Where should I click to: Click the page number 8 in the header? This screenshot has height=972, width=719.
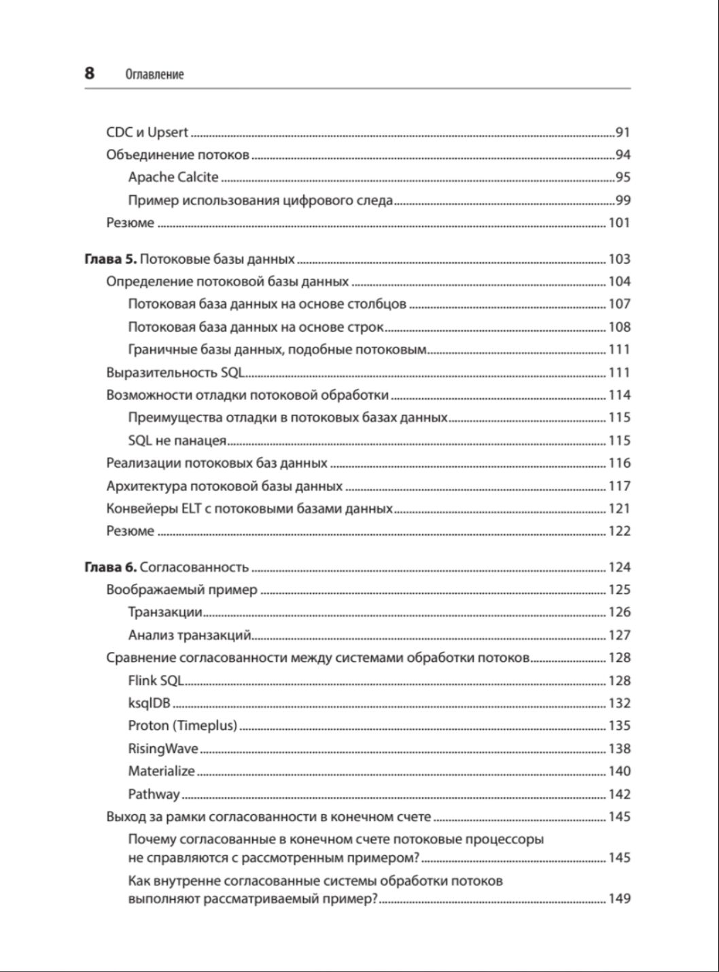click(90, 73)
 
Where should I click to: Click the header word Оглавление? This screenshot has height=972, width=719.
click(154, 74)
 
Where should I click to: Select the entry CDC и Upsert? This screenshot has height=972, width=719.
click(147, 133)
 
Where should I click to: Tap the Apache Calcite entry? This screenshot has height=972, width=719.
click(173, 177)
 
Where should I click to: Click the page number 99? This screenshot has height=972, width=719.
click(622, 201)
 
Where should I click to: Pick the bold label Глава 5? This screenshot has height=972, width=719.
click(111, 259)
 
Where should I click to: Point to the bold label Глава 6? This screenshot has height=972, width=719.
click(111, 568)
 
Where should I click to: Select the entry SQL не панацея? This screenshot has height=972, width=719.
click(177, 440)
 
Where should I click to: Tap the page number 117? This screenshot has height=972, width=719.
click(619, 486)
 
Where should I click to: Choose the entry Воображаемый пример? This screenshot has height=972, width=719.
click(181, 590)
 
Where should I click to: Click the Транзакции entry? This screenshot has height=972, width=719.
click(165, 612)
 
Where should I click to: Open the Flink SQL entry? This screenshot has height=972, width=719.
click(156, 680)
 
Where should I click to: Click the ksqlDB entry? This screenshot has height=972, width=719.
click(149, 704)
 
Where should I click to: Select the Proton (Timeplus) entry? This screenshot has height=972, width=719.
click(182, 726)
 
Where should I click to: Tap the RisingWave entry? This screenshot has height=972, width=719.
click(163, 749)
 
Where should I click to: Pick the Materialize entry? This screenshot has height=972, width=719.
click(161, 771)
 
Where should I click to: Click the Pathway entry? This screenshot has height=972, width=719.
click(154, 795)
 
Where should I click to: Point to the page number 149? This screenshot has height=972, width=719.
click(619, 899)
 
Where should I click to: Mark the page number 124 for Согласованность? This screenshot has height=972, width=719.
click(619, 568)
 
